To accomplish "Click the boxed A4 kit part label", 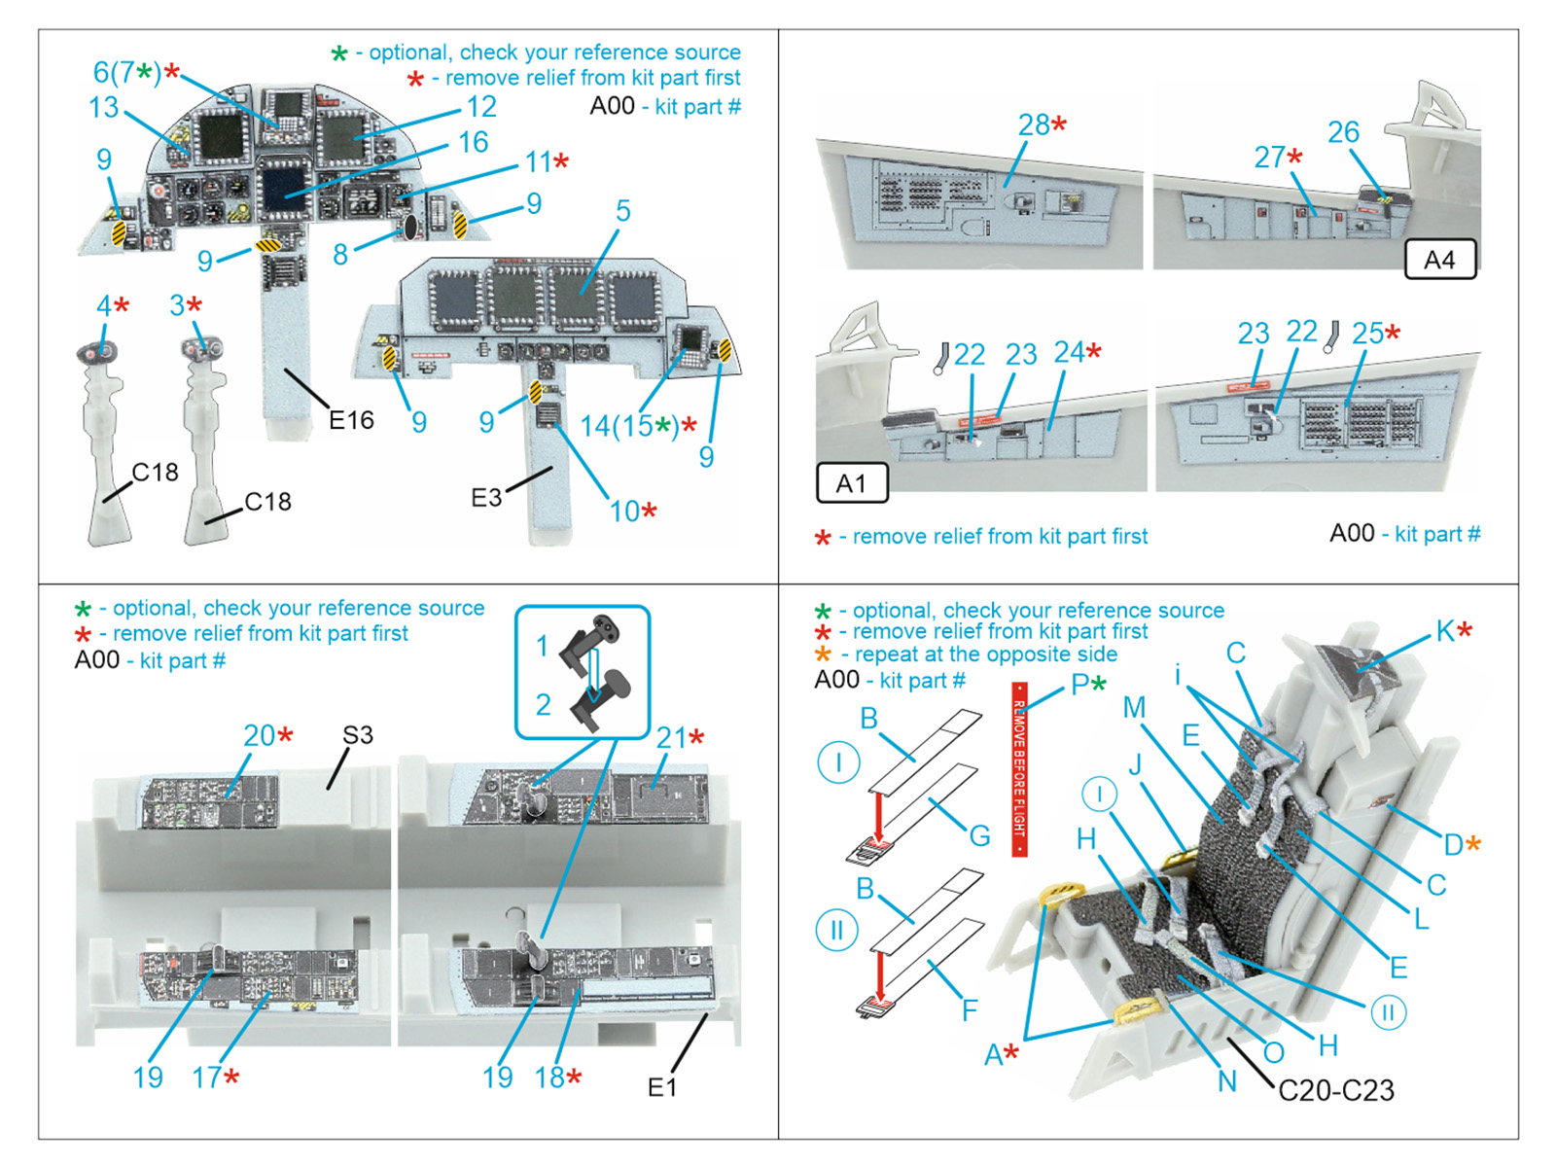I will coord(1439,260).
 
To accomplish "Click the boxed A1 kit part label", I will coord(851,483).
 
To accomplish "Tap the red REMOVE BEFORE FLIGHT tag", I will coord(1019,769).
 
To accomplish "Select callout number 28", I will coord(1034,124).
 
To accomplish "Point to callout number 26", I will coord(1343,131).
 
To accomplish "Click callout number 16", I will coord(473,142).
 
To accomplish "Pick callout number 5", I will coord(622,210).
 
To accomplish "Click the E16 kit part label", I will coord(351,420).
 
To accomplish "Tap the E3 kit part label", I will coord(486,498).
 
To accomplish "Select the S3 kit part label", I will coord(357,735).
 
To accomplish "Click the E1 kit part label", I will coord(662,1087).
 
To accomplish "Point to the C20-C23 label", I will coord(1335,1090).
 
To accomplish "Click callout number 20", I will coord(260,735).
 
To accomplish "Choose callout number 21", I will coord(671,738).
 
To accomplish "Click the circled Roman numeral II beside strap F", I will coord(836,931).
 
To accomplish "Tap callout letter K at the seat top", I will coord(1445,631).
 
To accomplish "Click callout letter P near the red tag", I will coord(1079,685).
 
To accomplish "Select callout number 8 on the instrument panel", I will coord(339,255).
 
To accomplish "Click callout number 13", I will coord(104,107).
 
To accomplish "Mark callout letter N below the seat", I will coord(1227,1080).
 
